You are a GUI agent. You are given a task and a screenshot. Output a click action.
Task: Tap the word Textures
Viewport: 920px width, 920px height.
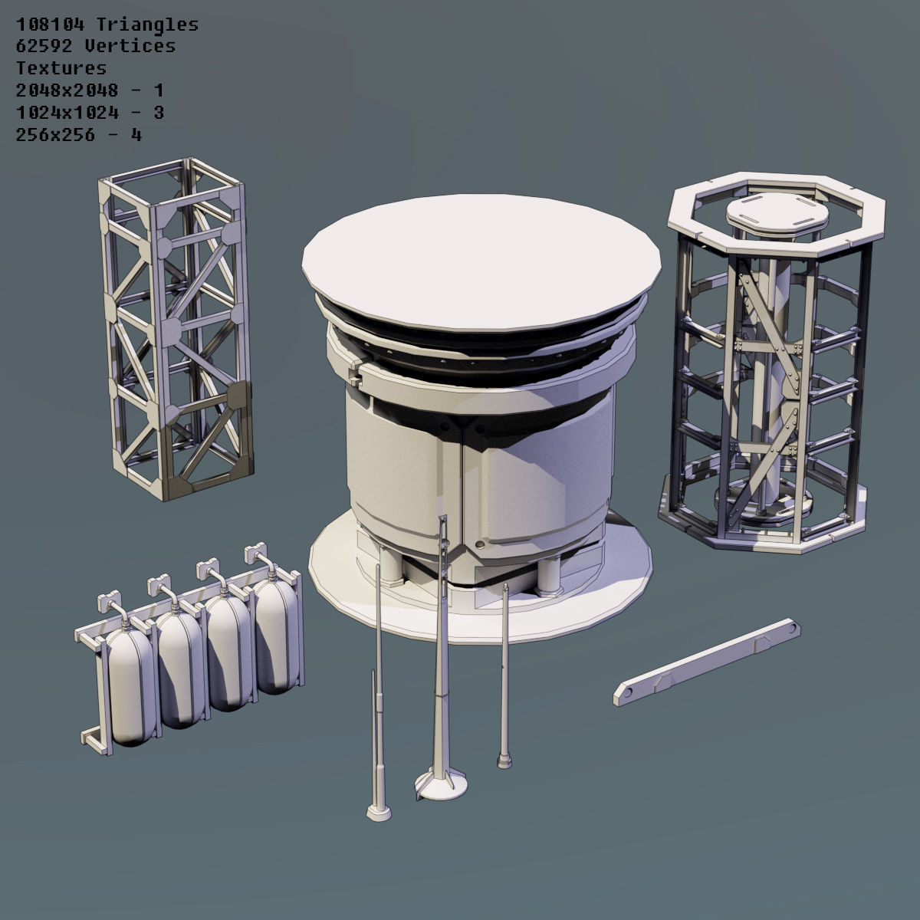click(61, 68)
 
